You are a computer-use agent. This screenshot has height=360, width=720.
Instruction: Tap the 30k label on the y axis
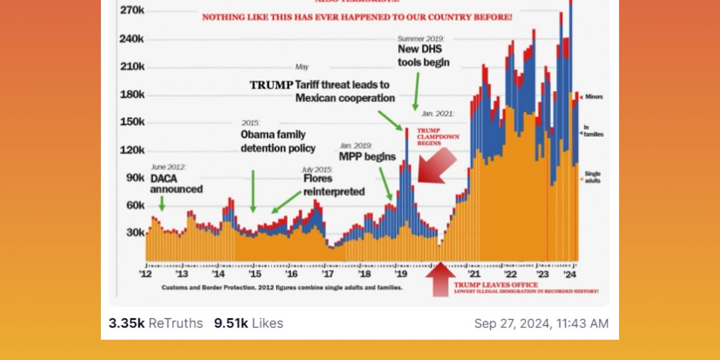(x=135, y=233)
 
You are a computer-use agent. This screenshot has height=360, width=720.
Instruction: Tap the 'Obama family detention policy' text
(x=278, y=141)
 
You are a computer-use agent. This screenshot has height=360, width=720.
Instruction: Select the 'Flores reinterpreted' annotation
(x=334, y=185)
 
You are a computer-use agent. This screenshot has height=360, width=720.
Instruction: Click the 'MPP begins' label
(x=367, y=157)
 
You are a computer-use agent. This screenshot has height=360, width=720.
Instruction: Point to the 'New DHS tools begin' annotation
(x=423, y=56)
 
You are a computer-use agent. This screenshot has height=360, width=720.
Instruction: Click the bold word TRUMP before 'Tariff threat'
(x=271, y=85)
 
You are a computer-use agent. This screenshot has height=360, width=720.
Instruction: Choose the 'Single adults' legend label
(x=592, y=177)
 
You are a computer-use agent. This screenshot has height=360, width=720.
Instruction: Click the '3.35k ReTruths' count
(x=155, y=323)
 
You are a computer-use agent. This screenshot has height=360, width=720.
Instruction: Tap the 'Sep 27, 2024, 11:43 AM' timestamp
(x=541, y=323)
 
